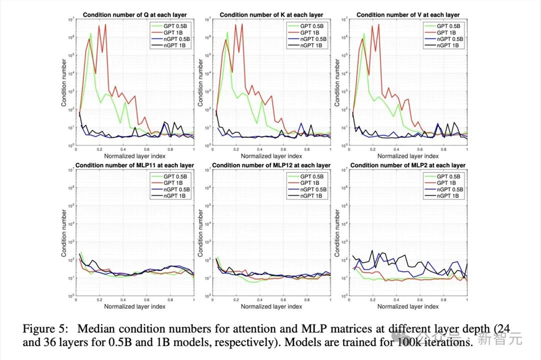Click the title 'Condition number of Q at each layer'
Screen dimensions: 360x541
point(135,15)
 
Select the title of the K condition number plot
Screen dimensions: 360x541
point(271,15)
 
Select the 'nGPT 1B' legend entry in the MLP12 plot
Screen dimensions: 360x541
point(312,196)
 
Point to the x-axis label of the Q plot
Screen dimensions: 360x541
point(135,156)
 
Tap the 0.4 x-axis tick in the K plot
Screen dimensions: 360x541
point(259,149)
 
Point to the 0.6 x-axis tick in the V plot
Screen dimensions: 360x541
point(419,149)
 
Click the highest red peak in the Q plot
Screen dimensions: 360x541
point(106,24)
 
